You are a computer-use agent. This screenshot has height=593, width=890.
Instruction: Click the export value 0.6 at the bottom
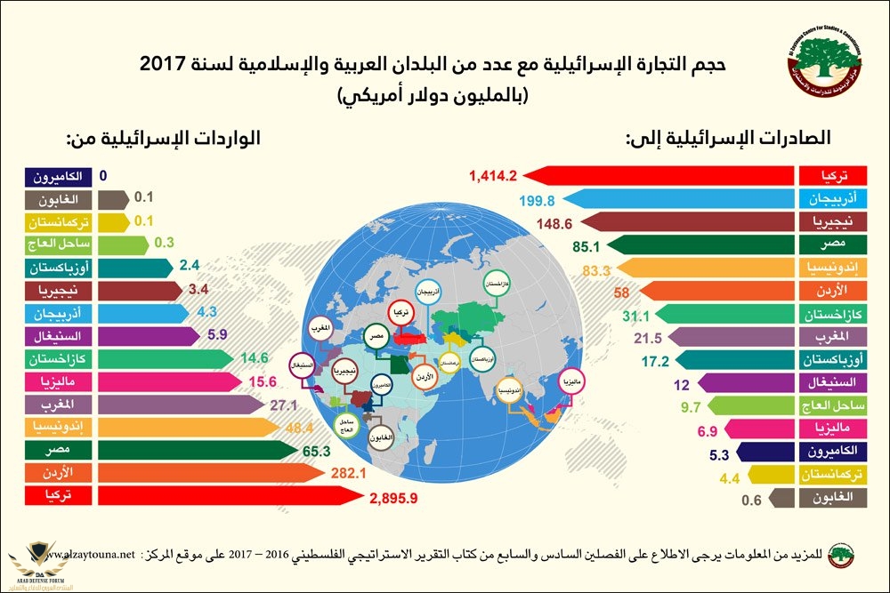click(x=753, y=500)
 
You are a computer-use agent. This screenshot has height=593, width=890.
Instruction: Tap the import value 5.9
click(x=215, y=335)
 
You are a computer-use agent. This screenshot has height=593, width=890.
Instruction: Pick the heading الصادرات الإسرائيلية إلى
click(x=729, y=138)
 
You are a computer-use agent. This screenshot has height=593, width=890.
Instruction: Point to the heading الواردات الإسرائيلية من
click(x=164, y=139)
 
